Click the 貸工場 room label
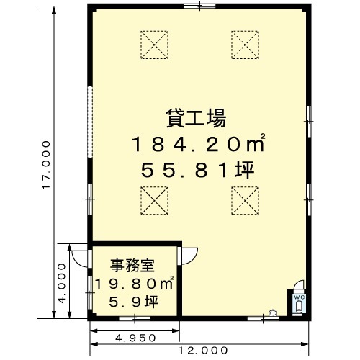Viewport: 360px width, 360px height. pos(196,118)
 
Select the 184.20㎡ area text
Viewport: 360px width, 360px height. pos(198,143)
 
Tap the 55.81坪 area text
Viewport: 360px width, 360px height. pos(197,170)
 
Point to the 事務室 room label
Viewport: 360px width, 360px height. pos(132,266)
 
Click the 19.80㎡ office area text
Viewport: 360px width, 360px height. pos(135,283)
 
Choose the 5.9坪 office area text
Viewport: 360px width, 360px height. pos(134,302)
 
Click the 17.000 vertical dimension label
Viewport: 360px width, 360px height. pos(46,165)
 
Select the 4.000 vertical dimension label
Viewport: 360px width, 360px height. pos(62,283)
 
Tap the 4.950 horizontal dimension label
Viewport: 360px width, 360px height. pos(135,338)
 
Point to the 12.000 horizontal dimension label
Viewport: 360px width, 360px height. pos(203,351)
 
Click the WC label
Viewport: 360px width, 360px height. pos(300,297)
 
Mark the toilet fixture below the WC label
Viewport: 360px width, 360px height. pos(299,307)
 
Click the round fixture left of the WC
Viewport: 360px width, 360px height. pos(273,312)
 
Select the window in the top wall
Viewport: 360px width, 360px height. pos(199,6)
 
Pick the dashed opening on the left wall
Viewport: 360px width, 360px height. pos(90,122)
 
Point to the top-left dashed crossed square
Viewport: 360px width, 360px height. pos(154,45)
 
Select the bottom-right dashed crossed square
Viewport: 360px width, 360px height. pos(245,201)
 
